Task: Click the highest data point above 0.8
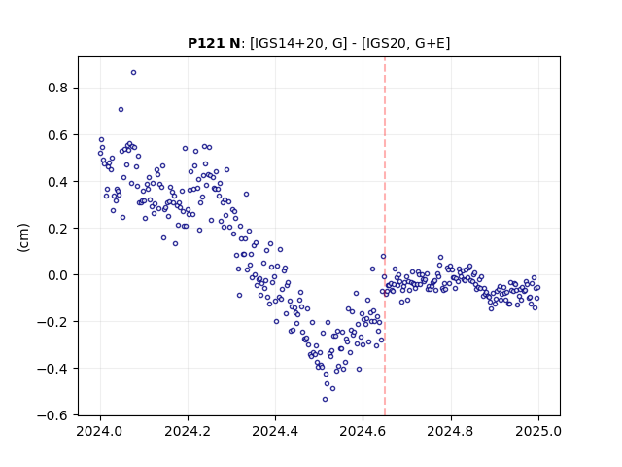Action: [x=134, y=73]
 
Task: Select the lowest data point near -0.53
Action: [x=325, y=400]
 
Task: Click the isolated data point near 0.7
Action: [x=121, y=110]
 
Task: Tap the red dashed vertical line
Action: [x=385, y=236]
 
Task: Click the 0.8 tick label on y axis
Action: [x=58, y=88]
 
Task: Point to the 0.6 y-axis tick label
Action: [x=58, y=135]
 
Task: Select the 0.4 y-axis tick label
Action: [x=58, y=182]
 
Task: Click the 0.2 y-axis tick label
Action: [x=58, y=229]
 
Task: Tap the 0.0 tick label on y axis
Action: [x=58, y=275]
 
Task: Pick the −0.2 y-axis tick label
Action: [x=52, y=322]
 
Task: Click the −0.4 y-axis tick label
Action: [x=52, y=369]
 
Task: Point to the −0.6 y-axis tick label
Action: [x=52, y=415]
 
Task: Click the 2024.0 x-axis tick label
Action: [x=100, y=431]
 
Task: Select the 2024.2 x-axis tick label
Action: [x=188, y=431]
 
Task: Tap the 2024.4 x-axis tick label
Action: [x=275, y=431]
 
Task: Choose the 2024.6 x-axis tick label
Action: [x=363, y=431]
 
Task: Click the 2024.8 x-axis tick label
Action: [x=451, y=431]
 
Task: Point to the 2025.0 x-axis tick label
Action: [x=538, y=431]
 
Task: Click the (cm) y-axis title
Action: [x=23, y=237]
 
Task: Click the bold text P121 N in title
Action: [x=214, y=43]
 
